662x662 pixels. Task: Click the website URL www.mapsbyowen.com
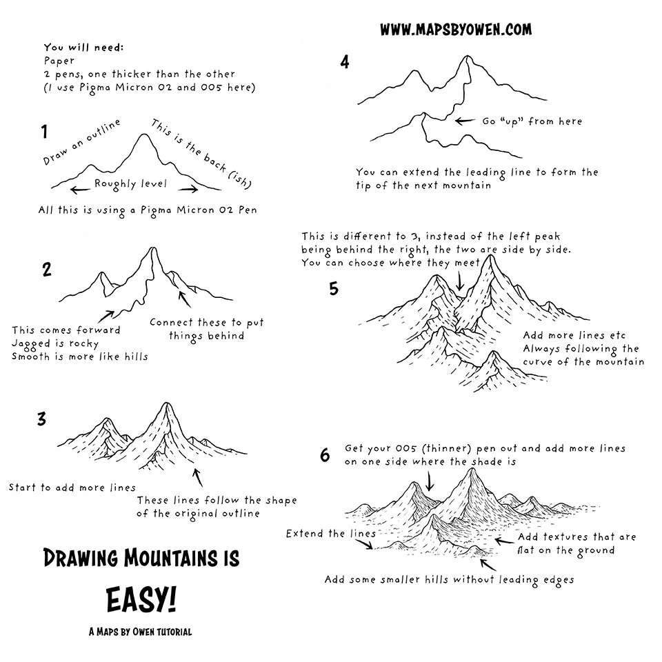tap(456, 30)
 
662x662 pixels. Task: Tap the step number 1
tap(44, 131)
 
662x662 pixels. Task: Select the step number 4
tap(345, 63)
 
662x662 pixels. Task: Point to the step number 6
tap(325, 455)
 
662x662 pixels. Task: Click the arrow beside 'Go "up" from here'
tap(465, 121)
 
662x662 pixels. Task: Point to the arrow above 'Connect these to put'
tap(184, 299)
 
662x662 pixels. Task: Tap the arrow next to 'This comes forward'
tap(106, 316)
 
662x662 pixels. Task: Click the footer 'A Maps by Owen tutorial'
tap(140, 631)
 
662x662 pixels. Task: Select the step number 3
tap(41, 419)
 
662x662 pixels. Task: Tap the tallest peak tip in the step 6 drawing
tap(472, 470)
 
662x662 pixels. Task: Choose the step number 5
tap(334, 288)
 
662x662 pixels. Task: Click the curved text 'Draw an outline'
tap(81, 141)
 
